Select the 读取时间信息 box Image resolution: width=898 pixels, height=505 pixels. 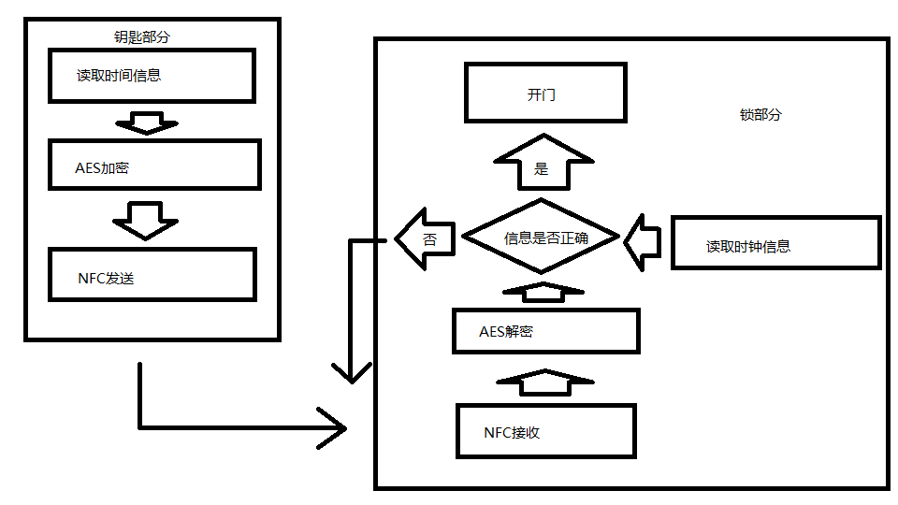pyautogui.click(x=152, y=75)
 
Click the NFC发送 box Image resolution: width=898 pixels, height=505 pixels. pyautogui.click(x=152, y=274)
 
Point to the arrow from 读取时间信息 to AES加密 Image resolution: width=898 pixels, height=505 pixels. pyautogui.click(x=145, y=123)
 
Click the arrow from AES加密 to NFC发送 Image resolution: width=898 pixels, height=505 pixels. pyautogui.click(x=145, y=219)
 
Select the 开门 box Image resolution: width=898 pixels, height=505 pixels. pyautogui.click(x=545, y=93)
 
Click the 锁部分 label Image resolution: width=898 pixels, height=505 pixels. pyautogui.click(x=760, y=115)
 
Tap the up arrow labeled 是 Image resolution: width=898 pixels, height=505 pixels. pyautogui.click(x=542, y=164)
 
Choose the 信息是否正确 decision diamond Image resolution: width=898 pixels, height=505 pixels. pyautogui.click(x=543, y=238)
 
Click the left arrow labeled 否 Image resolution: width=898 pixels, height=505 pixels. pyautogui.click(x=425, y=239)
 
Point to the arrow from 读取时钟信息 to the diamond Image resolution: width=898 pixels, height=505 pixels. pyautogui.click(x=645, y=240)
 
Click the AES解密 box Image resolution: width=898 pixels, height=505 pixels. pyautogui.click(x=545, y=331)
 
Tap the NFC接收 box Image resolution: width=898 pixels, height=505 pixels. pyautogui.click(x=545, y=431)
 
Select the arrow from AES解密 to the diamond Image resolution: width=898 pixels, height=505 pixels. pyautogui.click(x=544, y=291)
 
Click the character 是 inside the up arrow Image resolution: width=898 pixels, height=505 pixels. pyautogui.click(x=541, y=169)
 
